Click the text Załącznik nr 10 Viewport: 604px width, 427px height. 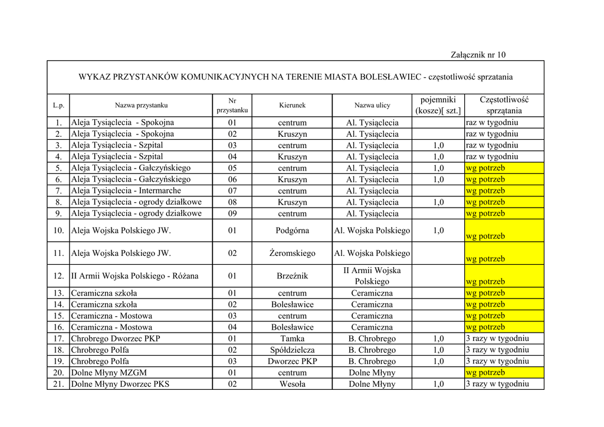tap(478, 55)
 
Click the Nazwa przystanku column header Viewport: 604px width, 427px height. tap(141, 106)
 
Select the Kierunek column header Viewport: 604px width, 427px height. tap(292, 106)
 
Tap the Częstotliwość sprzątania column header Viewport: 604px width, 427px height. tap(504, 105)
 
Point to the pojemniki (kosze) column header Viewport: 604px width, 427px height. tap(438, 105)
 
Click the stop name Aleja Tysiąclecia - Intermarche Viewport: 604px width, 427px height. tap(126, 191)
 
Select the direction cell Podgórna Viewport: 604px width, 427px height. tap(292, 231)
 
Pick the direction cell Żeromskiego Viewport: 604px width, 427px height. tap(292, 253)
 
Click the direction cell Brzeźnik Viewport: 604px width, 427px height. tap(292, 276)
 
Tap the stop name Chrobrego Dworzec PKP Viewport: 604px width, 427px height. tap(115, 339)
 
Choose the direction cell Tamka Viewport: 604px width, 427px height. tap(292, 339)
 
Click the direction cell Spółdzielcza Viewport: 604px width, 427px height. tap(292, 350)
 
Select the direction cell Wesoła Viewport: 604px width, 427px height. tap(292, 384)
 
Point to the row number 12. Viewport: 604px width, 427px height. tap(58, 276)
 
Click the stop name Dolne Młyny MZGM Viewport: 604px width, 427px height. tap(109, 373)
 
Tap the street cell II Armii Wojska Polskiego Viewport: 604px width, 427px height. tap(372, 275)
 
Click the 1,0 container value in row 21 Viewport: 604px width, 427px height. tap(438, 384)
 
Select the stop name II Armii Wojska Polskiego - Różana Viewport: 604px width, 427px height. tap(134, 276)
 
